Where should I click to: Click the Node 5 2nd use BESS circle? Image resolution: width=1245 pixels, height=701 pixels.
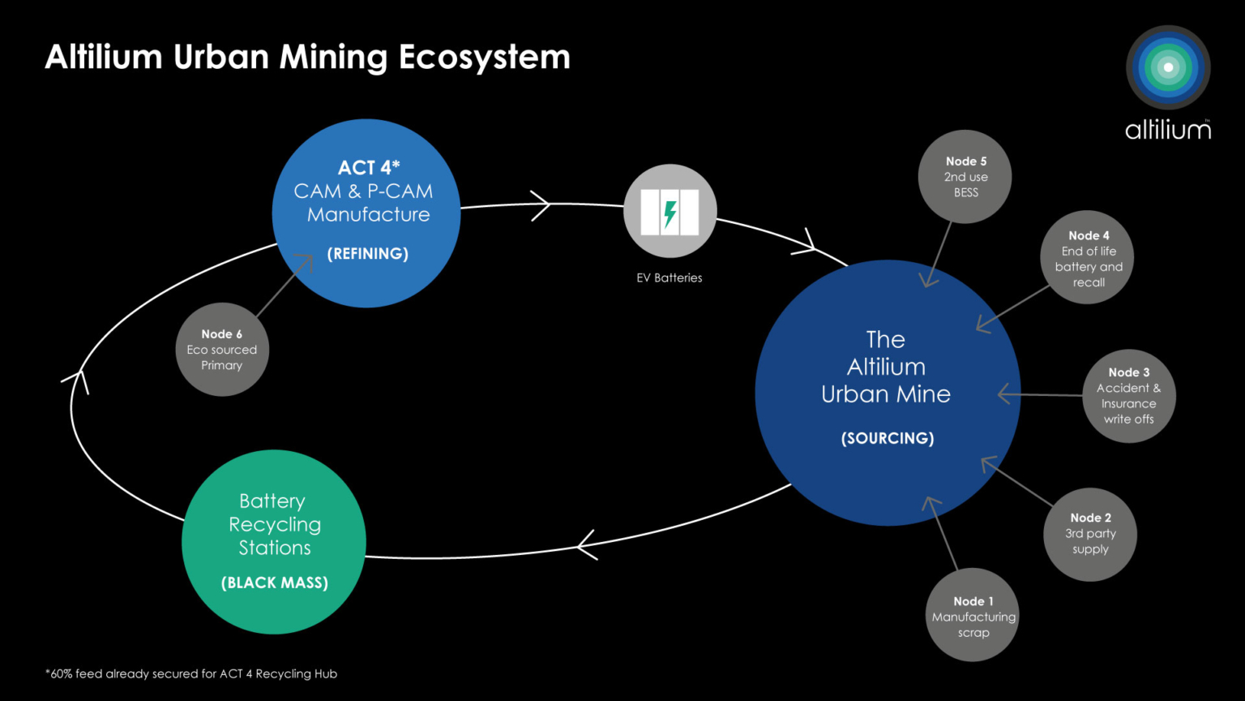click(965, 177)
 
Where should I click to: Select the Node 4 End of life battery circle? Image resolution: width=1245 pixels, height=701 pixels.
click(1087, 258)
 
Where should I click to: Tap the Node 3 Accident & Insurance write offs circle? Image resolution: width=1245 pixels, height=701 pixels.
click(1128, 396)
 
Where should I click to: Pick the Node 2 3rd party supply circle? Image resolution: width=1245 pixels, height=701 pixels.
click(1090, 534)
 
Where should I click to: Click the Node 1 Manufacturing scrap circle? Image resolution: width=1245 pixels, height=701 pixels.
click(973, 615)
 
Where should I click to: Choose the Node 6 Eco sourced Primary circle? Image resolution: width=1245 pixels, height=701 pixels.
click(222, 350)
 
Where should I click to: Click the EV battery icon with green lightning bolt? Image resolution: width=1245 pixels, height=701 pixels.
click(670, 212)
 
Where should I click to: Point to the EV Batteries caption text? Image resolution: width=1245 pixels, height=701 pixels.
click(670, 277)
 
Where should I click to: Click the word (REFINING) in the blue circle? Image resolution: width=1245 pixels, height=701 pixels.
click(367, 254)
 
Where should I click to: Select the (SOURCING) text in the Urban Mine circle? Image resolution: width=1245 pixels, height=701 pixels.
click(887, 438)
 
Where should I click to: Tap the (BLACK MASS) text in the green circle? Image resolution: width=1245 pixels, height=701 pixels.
click(275, 583)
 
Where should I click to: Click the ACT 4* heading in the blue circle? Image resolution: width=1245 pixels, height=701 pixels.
click(369, 168)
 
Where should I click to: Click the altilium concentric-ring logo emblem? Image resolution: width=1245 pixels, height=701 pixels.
click(1168, 67)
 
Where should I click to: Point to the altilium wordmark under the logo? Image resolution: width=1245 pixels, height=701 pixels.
click(1168, 130)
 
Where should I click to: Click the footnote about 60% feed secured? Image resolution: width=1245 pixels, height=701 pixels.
click(191, 673)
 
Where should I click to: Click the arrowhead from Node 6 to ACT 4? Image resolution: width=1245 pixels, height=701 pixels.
click(305, 263)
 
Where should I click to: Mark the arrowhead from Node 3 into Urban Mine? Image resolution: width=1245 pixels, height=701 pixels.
click(1006, 394)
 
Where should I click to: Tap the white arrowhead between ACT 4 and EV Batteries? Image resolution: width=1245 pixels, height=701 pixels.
click(541, 204)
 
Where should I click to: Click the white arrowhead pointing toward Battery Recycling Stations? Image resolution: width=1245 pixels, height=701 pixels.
click(586, 544)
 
